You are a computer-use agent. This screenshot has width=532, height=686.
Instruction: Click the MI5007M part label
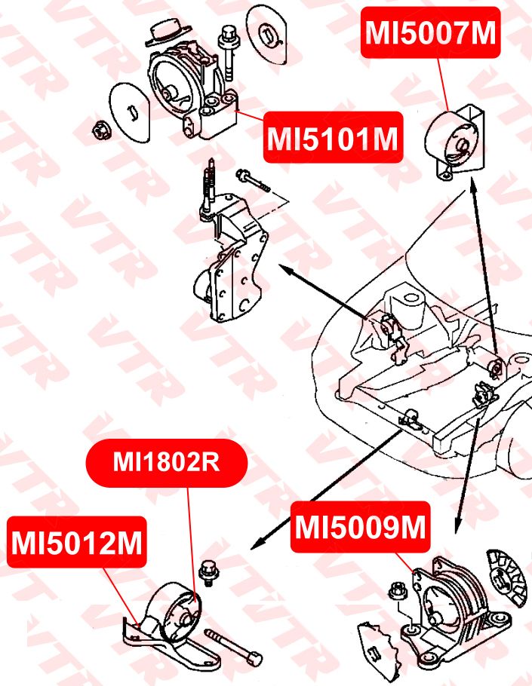pyautogui.click(x=430, y=32)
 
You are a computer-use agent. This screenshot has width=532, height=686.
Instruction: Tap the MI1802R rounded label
pyautogui.click(x=167, y=462)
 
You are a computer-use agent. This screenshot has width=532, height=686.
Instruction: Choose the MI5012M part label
pyautogui.click(x=78, y=542)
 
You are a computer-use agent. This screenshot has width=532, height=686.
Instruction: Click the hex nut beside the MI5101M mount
pyautogui.click(x=100, y=130)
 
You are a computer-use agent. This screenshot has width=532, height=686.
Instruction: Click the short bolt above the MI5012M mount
pyautogui.click(x=204, y=574)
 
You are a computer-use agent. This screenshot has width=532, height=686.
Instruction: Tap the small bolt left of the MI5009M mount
pyautogui.click(x=396, y=590)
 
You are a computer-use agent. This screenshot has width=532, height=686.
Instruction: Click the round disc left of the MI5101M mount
pyautogui.click(x=131, y=112)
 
